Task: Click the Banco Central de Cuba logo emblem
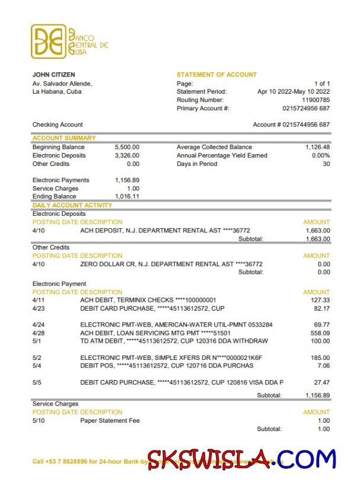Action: click(x=49, y=41)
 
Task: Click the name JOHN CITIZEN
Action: click(x=53, y=75)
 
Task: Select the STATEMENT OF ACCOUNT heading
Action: click(x=216, y=75)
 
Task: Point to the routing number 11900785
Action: click(x=316, y=100)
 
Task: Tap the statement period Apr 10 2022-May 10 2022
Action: click(x=294, y=92)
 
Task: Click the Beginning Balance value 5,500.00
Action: click(x=127, y=147)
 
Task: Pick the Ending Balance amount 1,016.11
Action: click(x=127, y=197)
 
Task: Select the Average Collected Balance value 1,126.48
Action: click(x=318, y=147)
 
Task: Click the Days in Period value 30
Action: click(x=326, y=164)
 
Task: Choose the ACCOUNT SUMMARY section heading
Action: click(x=59, y=138)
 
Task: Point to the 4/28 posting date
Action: click(x=39, y=333)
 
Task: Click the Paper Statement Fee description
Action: click(x=110, y=421)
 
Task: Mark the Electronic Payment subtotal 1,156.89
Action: click(x=318, y=395)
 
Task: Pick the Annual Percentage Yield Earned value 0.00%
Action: click(x=320, y=155)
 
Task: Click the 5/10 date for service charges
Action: click(x=39, y=421)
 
